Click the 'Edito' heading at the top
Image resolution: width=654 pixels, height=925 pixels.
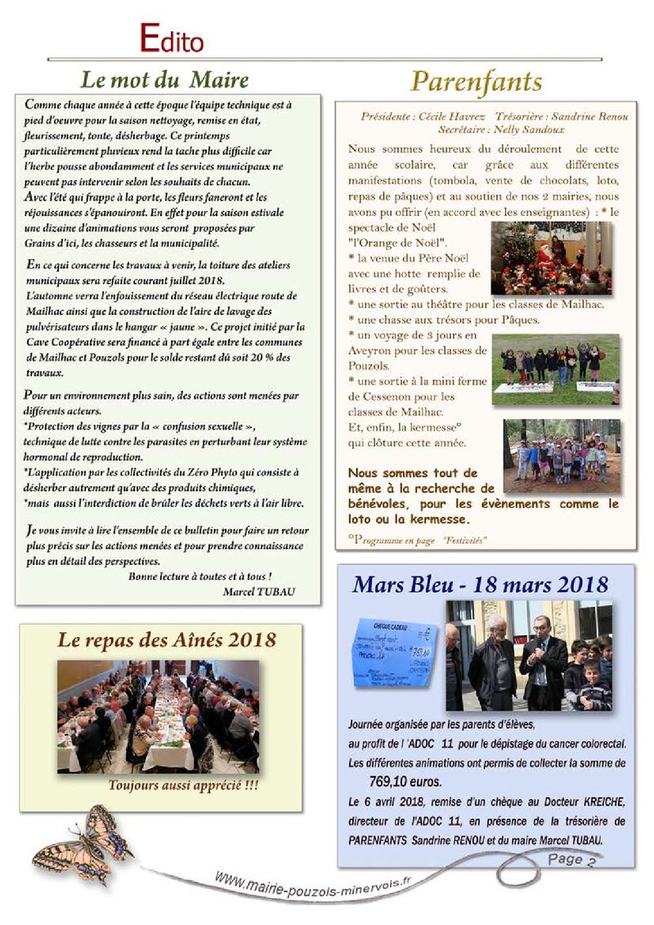pos(171,38)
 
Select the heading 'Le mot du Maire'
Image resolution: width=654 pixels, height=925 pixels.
pos(164,80)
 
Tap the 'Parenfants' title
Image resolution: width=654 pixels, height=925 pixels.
pos(476,82)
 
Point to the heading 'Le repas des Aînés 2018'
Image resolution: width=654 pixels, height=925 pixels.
pos(166,640)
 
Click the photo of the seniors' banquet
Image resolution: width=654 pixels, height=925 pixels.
pos(158,716)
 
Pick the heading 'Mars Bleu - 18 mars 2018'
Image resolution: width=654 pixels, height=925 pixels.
pos(481,585)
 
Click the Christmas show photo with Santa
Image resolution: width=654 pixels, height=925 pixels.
pos(550,258)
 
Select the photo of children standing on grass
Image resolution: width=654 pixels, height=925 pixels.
pos(555,369)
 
